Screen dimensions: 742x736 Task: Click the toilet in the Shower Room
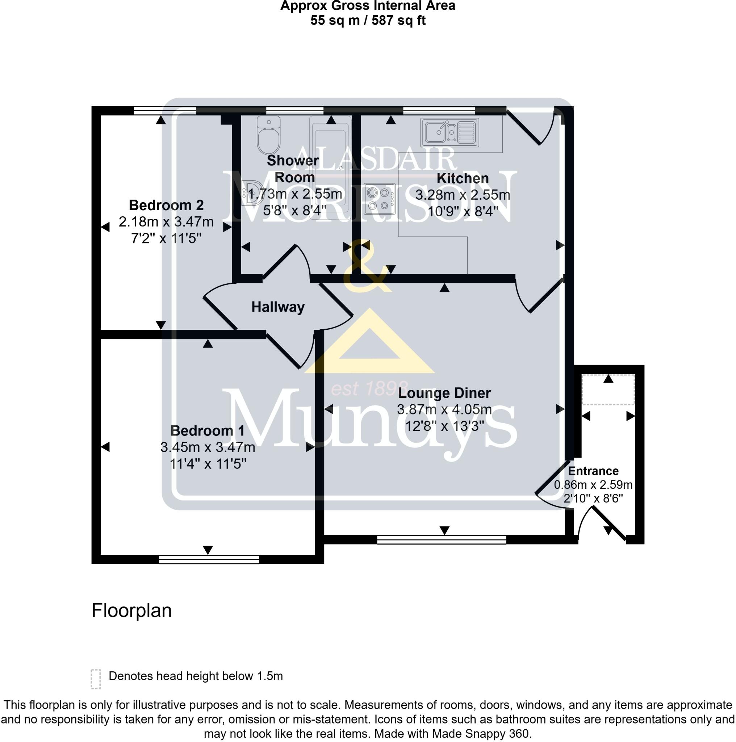[268, 136]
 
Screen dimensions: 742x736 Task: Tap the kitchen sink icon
[449, 132]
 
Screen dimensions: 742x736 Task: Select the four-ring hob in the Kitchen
[379, 199]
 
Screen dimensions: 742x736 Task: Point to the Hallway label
[277, 307]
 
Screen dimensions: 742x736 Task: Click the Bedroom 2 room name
[166, 205]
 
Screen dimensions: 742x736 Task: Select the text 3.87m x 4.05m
[444, 409]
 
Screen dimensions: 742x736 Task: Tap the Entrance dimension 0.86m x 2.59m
[593, 485]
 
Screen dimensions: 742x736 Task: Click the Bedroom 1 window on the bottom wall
[209, 559]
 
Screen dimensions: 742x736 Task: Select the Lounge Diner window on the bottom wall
[441, 540]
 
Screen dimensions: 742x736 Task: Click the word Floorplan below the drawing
[131, 610]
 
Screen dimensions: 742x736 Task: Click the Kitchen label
[462, 178]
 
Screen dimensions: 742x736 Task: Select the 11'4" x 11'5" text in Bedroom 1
[208, 464]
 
